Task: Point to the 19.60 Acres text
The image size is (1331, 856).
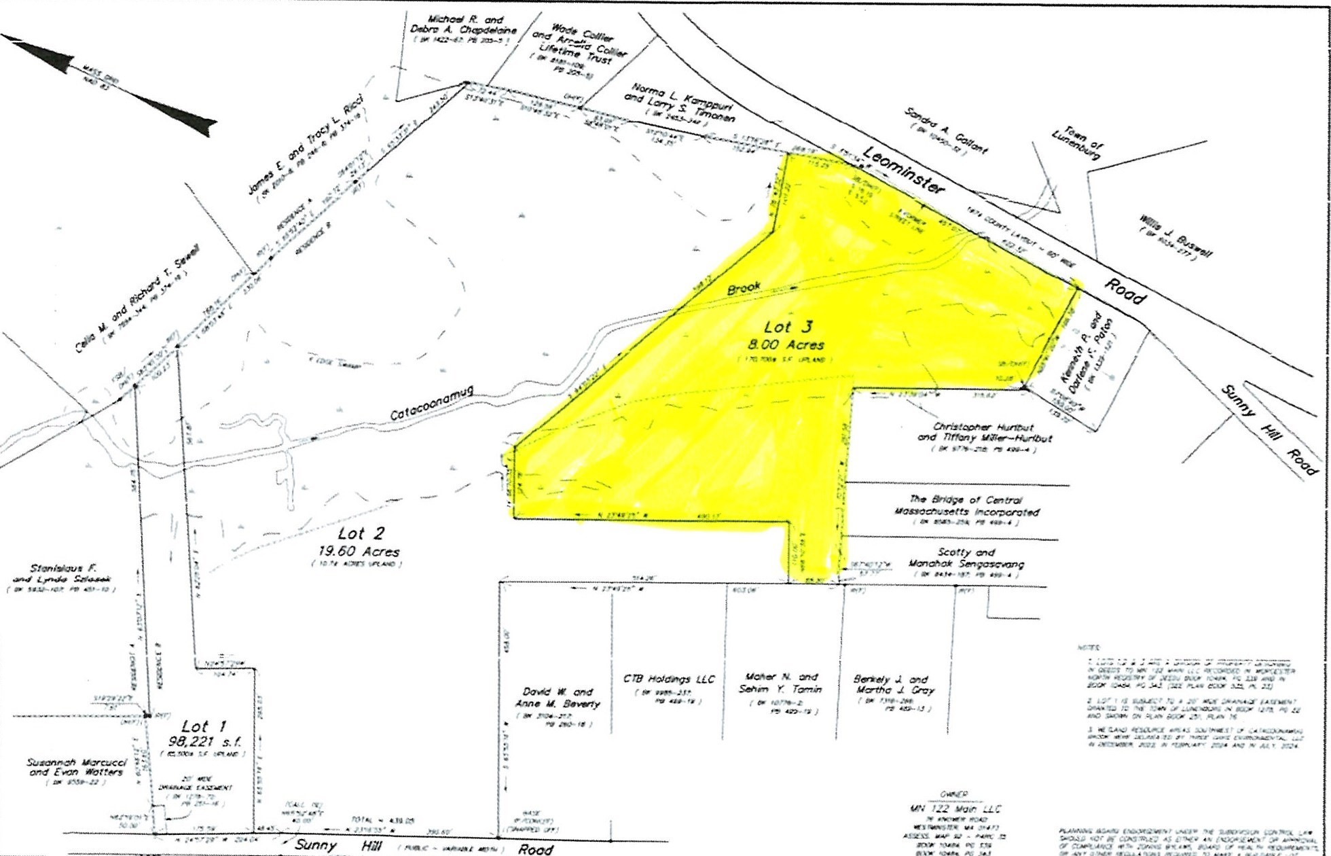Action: pos(357,552)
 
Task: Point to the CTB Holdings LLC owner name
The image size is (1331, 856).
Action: pos(669,679)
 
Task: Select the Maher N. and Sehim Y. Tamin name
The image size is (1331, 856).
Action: pos(781,683)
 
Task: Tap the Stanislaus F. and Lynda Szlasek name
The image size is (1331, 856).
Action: pos(62,573)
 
